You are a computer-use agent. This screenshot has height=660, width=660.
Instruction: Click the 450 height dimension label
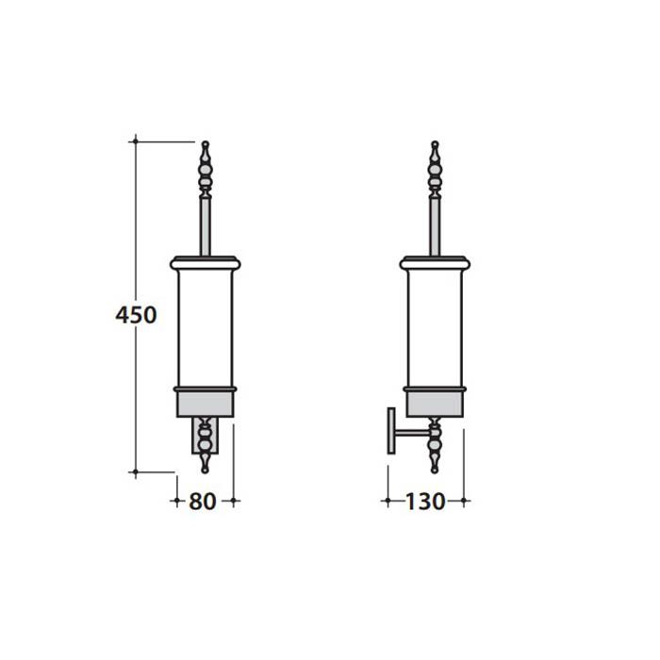click(136, 315)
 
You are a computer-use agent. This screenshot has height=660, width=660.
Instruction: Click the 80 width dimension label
click(203, 502)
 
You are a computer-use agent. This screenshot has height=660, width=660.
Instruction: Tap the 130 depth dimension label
click(424, 502)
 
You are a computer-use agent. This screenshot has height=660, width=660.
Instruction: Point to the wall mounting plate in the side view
click(391, 431)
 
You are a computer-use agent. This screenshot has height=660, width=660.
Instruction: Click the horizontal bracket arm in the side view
click(412, 432)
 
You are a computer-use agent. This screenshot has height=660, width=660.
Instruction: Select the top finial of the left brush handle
click(205, 169)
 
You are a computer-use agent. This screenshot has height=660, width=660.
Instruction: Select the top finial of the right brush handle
click(435, 169)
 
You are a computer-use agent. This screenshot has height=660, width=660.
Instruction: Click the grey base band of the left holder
click(205, 404)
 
